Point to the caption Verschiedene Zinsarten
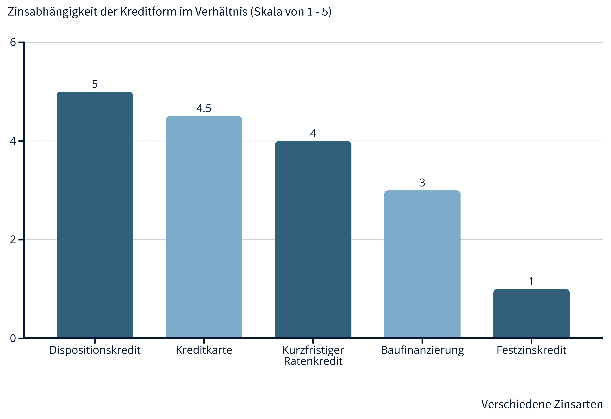point(542,404)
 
